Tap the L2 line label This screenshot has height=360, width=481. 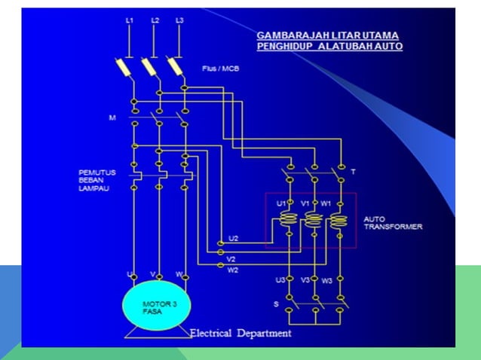(x=155, y=20)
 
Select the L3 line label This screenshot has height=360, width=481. (x=179, y=20)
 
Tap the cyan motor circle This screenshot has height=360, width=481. (x=158, y=306)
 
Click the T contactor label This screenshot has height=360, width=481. (x=353, y=172)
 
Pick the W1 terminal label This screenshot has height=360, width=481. (x=326, y=203)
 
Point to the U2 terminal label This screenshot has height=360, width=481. (x=234, y=238)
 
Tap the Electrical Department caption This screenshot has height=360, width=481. (x=240, y=333)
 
